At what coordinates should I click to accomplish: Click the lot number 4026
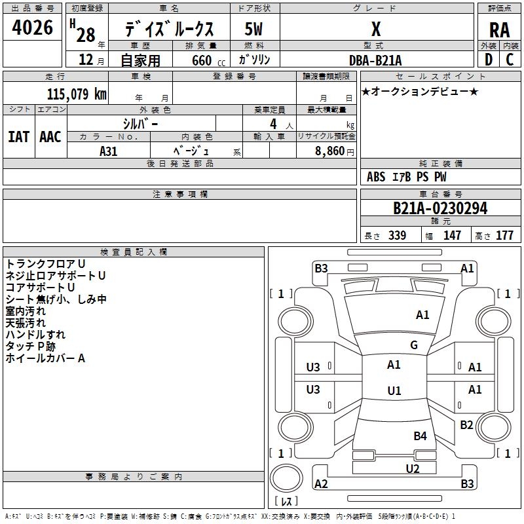[x=32, y=28]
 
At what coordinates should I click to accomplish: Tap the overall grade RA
[x=499, y=30]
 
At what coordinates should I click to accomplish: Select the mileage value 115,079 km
[x=77, y=94]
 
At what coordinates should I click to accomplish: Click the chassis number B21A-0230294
[x=440, y=208]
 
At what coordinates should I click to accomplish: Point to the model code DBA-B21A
[x=375, y=60]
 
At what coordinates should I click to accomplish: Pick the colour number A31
[x=108, y=151]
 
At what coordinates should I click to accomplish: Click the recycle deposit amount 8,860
[x=329, y=151]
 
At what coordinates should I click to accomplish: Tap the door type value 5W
[x=253, y=29]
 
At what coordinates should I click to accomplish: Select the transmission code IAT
[x=18, y=137]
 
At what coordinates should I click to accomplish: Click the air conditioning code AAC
[x=50, y=137]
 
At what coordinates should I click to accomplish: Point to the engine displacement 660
[x=202, y=60]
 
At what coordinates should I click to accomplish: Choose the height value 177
[x=504, y=235]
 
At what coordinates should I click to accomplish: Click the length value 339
[x=398, y=235]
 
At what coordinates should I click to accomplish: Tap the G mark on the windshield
[x=414, y=345]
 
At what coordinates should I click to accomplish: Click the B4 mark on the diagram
[x=420, y=436]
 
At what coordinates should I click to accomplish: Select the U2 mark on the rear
[x=413, y=468]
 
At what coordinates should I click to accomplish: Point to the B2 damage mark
[x=466, y=424]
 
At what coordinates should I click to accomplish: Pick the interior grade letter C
[x=510, y=60]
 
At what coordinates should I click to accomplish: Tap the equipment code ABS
[x=376, y=177]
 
